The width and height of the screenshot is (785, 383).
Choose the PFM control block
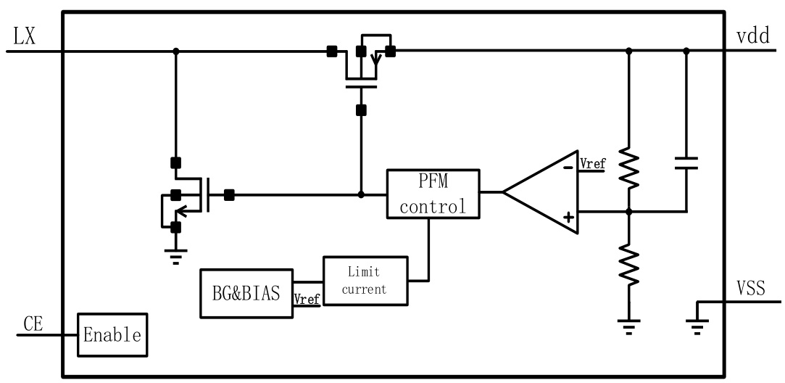[x=433, y=193]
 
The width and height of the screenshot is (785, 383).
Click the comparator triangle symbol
[x=541, y=193]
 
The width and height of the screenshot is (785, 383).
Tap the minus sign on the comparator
[x=568, y=167]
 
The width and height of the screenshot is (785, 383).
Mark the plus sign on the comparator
[x=568, y=216]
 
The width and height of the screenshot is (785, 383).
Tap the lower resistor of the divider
[x=628, y=263]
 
